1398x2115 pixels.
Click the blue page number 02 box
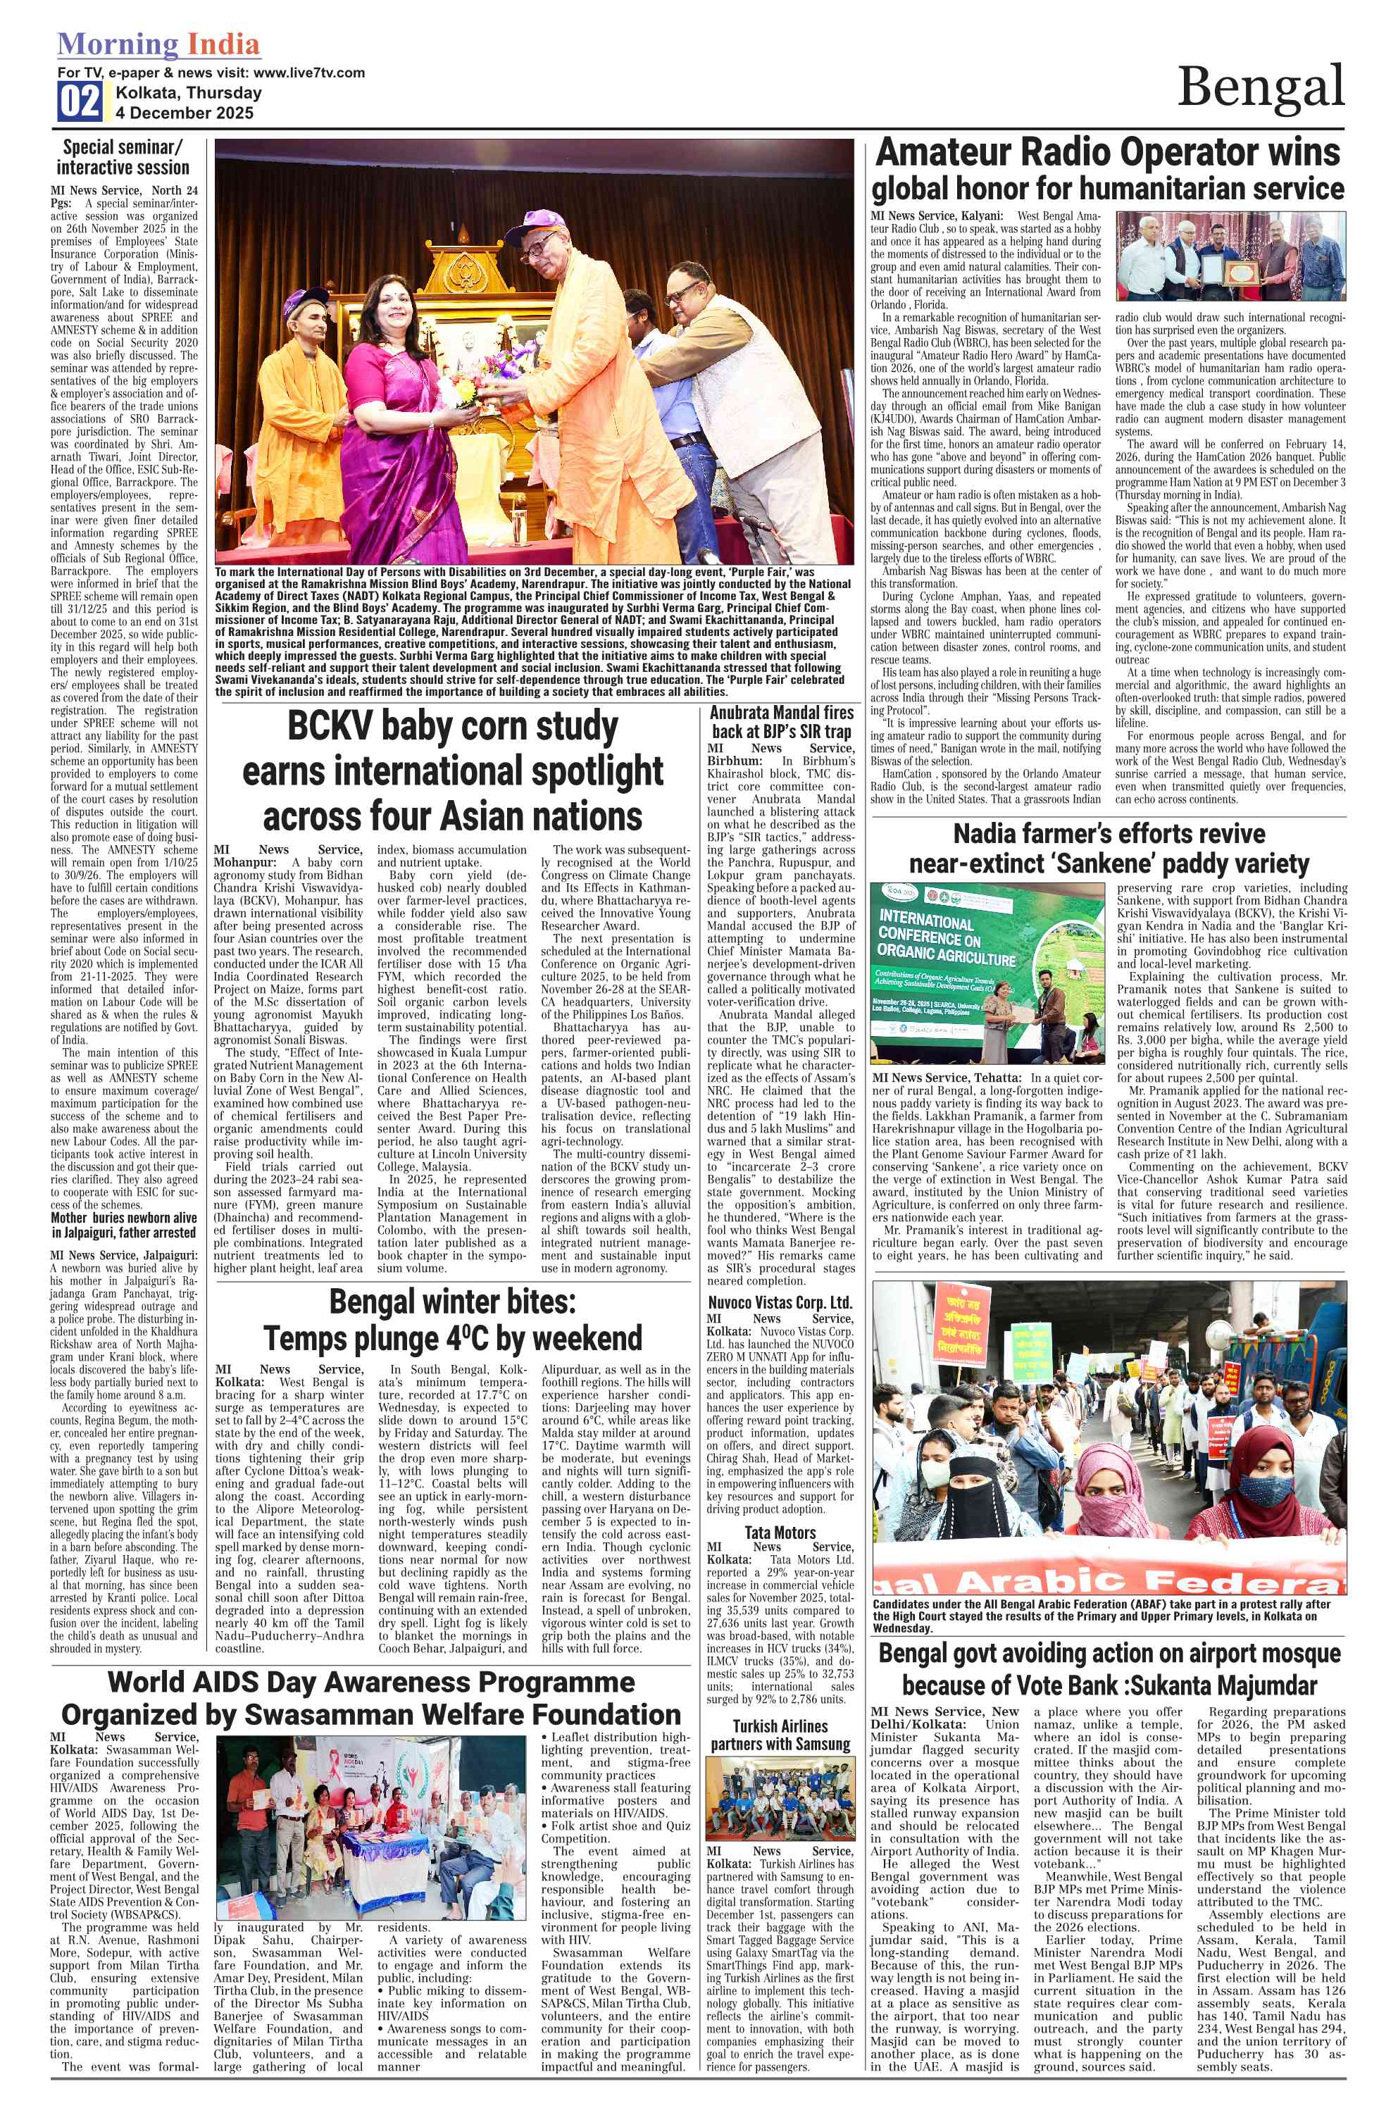(80, 101)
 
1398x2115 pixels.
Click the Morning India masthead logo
(158, 44)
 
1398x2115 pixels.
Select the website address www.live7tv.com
(308, 73)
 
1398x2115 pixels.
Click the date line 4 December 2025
(185, 113)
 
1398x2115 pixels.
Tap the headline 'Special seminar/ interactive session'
(123, 157)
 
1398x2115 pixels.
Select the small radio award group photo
(1230, 256)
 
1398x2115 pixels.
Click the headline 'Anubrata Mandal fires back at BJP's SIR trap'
(781, 722)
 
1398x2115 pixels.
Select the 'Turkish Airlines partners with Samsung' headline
(780, 1734)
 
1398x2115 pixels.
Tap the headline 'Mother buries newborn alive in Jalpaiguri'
(123, 1225)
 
